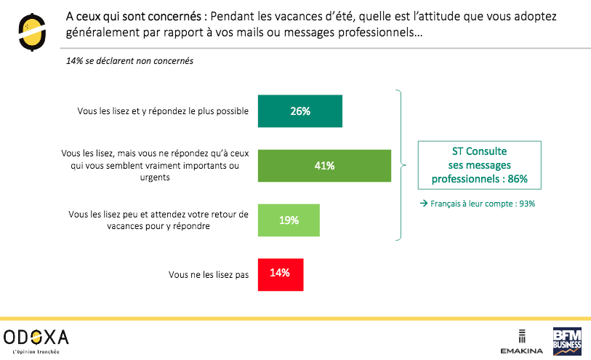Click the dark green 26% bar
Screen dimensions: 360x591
(x=300, y=111)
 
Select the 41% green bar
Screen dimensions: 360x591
(x=324, y=166)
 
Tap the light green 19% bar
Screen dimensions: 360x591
(x=289, y=220)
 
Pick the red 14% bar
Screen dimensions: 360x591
(x=281, y=273)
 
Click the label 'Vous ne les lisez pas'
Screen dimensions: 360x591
(x=209, y=274)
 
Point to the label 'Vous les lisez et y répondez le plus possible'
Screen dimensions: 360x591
(x=163, y=111)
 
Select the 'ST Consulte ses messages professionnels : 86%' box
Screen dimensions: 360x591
(x=479, y=165)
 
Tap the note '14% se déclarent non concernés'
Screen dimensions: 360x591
(x=129, y=61)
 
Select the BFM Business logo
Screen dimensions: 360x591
(x=568, y=340)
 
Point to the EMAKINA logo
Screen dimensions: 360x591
(x=521, y=342)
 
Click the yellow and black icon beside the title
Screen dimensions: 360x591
(x=31, y=30)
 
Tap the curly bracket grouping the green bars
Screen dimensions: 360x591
(x=399, y=165)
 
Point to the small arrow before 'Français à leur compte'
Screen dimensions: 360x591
(x=423, y=204)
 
